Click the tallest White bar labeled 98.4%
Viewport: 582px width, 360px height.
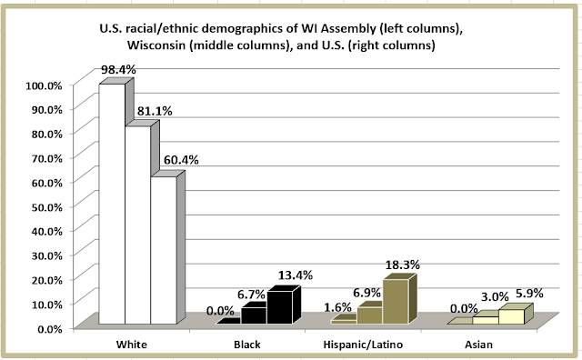(112, 204)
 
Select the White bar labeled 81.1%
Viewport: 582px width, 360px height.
(137, 225)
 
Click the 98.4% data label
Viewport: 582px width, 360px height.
(118, 69)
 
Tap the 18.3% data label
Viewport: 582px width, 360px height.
(402, 265)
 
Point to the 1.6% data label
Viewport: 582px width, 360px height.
(337, 307)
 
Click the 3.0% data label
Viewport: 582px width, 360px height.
(495, 297)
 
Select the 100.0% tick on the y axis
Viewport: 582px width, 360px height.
(45, 85)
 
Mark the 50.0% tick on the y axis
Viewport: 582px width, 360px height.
(46, 207)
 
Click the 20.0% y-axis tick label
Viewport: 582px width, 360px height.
(46, 280)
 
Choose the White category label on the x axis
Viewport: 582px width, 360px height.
(131, 345)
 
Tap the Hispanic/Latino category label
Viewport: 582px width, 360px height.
(363, 345)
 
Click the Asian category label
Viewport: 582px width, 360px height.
(479, 345)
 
